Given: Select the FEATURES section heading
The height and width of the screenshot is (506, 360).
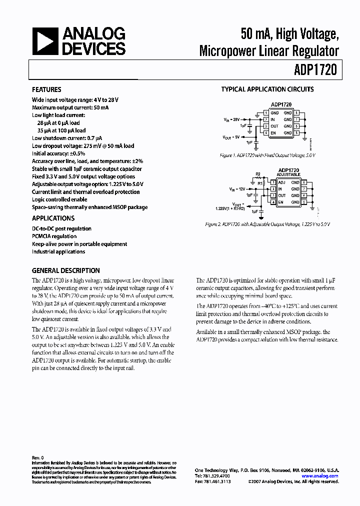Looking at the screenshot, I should tap(46, 89).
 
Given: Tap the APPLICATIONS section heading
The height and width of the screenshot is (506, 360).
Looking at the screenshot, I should tap(53, 218).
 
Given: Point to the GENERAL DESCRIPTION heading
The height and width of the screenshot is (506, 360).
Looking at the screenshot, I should tap(65, 270).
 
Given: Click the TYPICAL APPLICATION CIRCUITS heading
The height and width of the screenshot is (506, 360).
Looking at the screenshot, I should tap(267, 89).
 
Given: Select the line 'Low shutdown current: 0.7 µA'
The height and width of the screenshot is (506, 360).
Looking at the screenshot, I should tap(67, 138).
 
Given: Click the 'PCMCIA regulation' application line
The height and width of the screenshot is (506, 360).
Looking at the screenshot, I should tap(54, 236).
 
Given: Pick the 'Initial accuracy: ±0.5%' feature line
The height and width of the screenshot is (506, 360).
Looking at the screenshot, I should tap(58, 153).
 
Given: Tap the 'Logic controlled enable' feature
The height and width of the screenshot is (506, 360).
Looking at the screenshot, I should tap(59, 199).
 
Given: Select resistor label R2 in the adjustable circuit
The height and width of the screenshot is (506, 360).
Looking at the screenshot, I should tap(258, 175).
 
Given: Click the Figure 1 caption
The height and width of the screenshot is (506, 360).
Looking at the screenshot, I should tap(267, 155).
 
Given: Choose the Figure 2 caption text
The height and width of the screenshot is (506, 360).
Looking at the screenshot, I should tap(267, 224).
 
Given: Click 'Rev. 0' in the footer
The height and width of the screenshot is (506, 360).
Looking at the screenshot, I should tap(38, 457).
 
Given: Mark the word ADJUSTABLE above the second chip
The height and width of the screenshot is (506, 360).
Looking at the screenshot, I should tap(288, 175).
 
